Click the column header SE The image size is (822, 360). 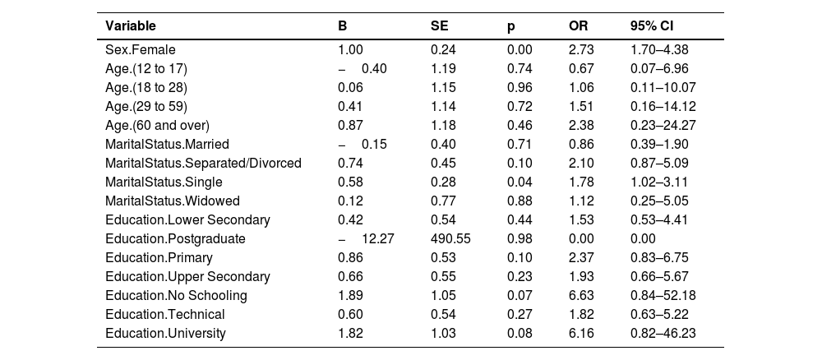click(x=439, y=25)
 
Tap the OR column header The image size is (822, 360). click(x=578, y=25)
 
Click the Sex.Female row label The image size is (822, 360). click(x=141, y=50)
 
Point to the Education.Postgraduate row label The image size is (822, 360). click(x=175, y=239)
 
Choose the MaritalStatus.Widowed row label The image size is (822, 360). click(x=173, y=201)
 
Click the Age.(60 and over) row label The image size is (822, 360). click(x=157, y=125)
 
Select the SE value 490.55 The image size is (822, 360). click(x=450, y=239)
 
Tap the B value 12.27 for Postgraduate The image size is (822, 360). click(x=367, y=239)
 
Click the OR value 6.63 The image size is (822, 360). click(x=581, y=296)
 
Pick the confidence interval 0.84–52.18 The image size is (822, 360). click(x=663, y=296)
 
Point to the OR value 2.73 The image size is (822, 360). click(x=581, y=50)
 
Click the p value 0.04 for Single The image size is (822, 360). click(x=520, y=182)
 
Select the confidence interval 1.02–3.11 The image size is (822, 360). click(x=659, y=182)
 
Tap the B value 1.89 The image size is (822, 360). click(x=351, y=296)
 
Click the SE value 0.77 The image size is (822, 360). click(x=443, y=201)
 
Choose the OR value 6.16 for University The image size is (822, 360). click(x=581, y=333)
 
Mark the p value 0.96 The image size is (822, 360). click(x=520, y=87)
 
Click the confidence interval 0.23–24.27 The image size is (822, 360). click(x=663, y=125)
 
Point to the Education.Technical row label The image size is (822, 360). click(x=165, y=315)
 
